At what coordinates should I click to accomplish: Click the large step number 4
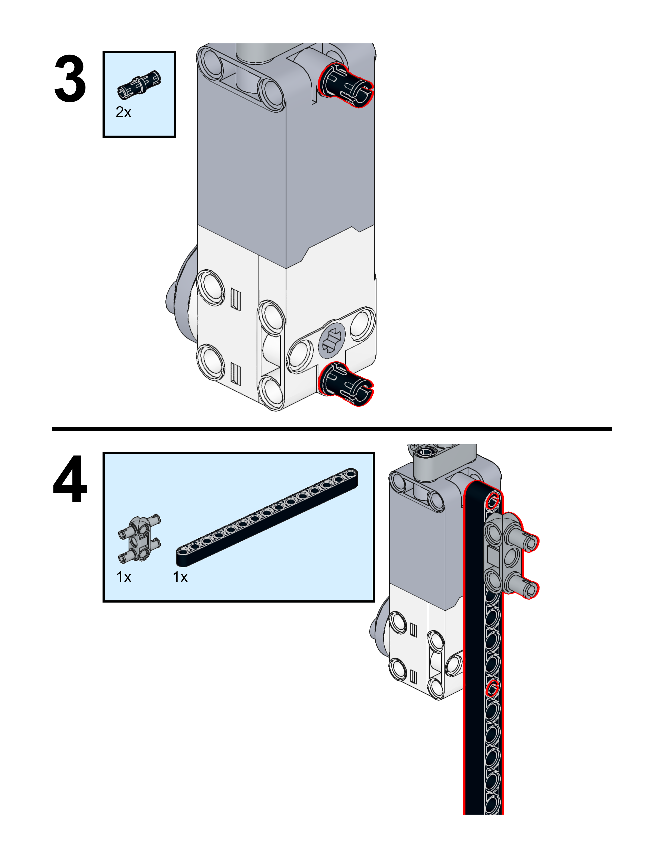(x=70, y=479)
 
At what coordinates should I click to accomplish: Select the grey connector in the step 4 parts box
(x=139, y=539)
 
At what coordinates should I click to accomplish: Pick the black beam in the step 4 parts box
(x=267, y=518)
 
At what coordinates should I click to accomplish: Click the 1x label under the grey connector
(x=124, y=577)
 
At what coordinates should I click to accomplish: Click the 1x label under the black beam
(x=180, y=577)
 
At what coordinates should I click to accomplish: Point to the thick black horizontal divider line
(x=332, y=429)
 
